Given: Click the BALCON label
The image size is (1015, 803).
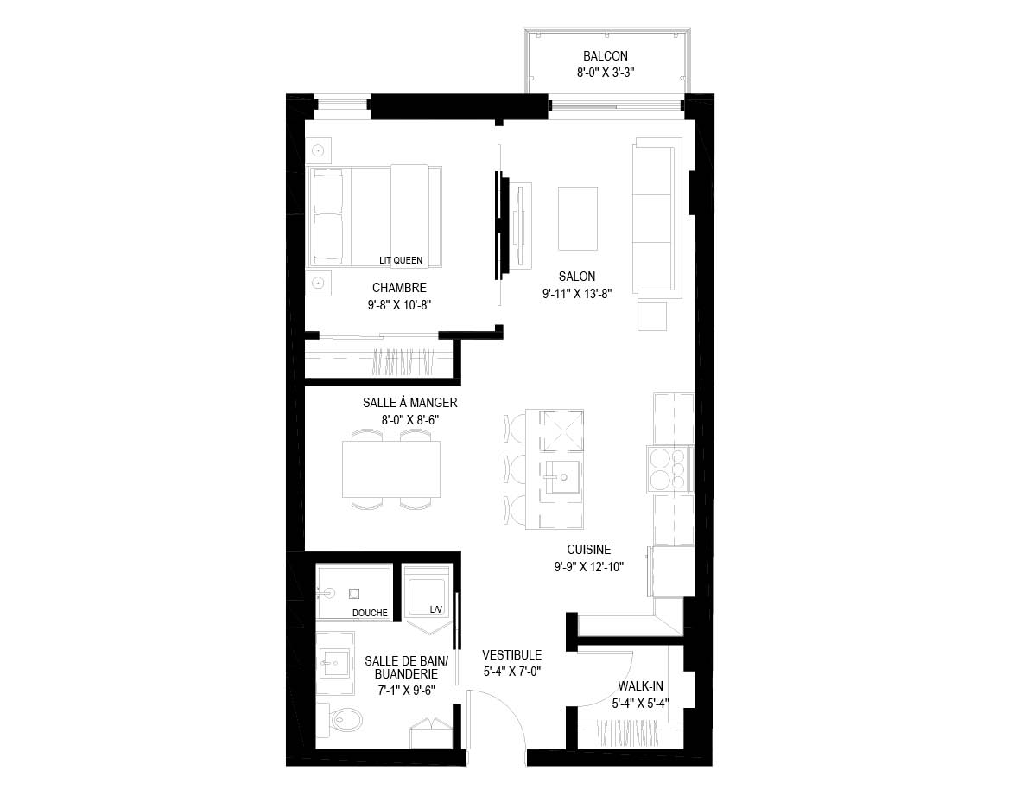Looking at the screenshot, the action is (606, 56).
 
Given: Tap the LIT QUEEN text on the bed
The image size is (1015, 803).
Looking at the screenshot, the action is (401, 260).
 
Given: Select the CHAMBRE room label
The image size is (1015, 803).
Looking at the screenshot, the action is (399, 288).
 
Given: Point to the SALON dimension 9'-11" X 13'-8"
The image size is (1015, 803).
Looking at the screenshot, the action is (577, 293).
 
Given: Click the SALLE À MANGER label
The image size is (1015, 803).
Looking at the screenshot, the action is (409, 402).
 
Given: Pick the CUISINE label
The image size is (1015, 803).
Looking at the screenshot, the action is (589, 549).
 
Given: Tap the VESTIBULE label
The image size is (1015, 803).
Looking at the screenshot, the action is (512, 654).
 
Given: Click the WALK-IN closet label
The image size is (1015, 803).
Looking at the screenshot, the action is (640, 685).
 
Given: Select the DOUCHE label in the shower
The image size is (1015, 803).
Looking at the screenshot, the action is (370, 613).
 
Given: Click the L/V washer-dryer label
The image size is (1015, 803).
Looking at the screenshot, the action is (436, 609).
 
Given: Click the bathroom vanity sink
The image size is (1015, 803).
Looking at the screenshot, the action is (335, 663).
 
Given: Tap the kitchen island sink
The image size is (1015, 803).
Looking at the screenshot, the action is (561, 477).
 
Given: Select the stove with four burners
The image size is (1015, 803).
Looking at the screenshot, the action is (670, 469).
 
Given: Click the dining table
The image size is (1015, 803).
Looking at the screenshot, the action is (391, 468).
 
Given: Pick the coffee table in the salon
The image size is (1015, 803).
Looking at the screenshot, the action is (577, 218).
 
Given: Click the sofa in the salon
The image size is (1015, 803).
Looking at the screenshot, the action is (657, 218).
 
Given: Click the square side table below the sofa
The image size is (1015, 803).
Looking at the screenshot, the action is (652, 316).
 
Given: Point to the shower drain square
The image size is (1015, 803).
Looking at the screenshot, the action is (354, 593).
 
